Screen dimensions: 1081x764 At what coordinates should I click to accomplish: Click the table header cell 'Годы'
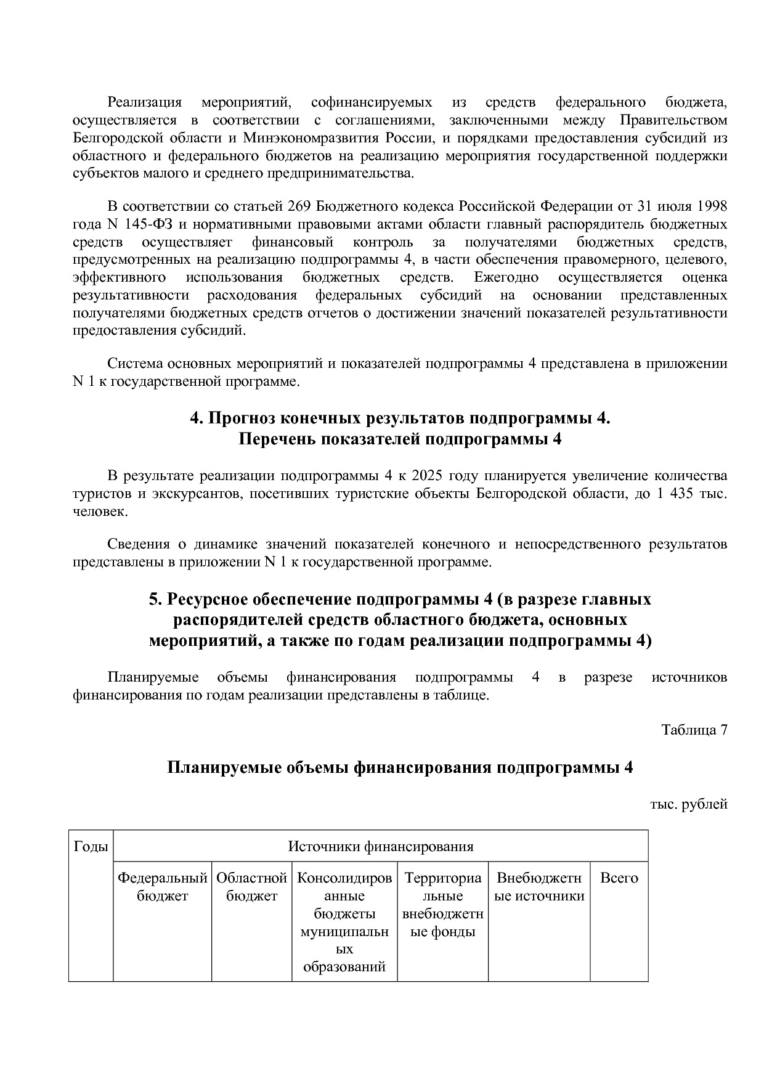click(91, 846)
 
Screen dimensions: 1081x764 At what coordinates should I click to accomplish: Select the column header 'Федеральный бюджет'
click(162, 886)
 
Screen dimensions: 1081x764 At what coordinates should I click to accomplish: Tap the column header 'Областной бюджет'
click(251, 886)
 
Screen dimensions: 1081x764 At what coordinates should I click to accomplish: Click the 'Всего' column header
click(619, 878)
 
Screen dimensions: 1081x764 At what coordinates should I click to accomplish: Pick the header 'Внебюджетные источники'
click(539, 886)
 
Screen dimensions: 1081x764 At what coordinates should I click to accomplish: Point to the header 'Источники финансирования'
click(381, 846)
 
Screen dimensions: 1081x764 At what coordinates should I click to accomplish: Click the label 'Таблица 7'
click(694, 730)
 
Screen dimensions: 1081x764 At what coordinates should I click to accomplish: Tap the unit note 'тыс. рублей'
click(688, 804)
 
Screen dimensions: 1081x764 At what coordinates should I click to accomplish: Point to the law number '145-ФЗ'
click(136, 224)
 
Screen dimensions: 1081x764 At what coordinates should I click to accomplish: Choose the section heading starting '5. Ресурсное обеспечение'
click(400, 599)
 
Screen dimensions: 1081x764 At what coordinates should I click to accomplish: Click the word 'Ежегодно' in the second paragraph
click(506, 277)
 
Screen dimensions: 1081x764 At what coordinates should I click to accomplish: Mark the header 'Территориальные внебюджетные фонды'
click(442, 904)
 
